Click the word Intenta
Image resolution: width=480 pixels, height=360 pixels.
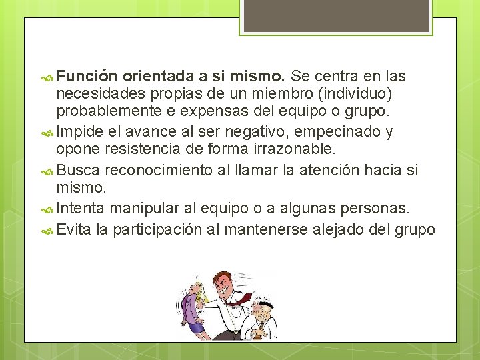(81, 209)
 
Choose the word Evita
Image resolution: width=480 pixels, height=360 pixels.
(74, 231)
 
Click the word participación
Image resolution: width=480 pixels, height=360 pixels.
(165, 231)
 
